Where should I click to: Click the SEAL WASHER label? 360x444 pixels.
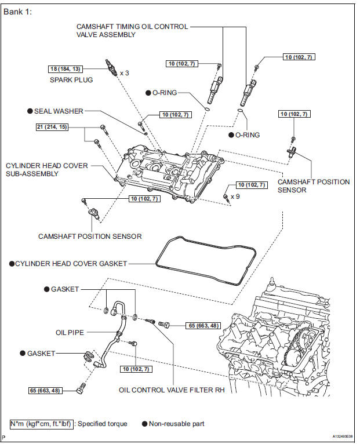point(59,111)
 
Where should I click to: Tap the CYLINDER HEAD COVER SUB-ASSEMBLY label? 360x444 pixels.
point(47,170)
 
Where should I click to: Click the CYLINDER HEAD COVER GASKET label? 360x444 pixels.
point(71,264)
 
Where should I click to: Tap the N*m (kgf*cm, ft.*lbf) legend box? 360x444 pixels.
point(41,423)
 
